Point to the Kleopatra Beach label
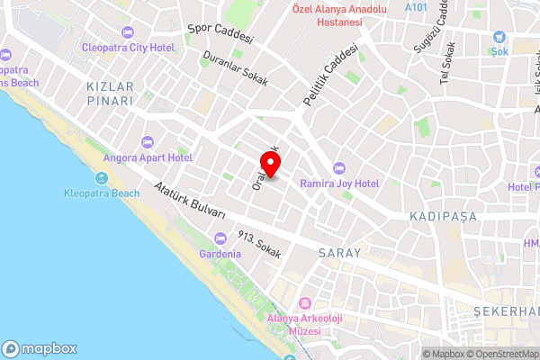[102, 193]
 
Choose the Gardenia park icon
[221, 238]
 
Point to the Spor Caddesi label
[220, 33]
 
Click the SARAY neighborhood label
[339, 254]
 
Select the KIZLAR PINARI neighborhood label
[110, 94]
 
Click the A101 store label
[416, 7]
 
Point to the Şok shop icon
[500, 37]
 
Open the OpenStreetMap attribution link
[501, 354]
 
